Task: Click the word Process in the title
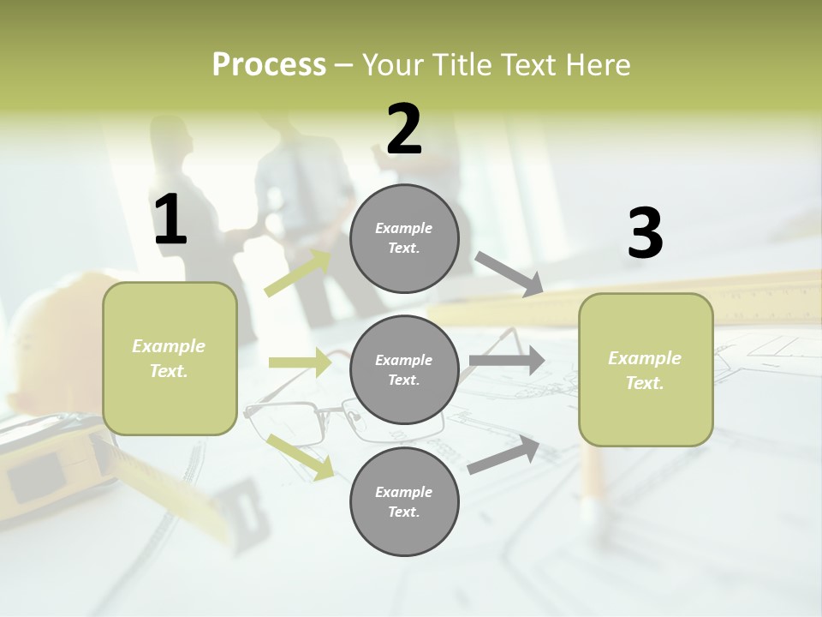[269, 65]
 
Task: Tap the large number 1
[170, 221]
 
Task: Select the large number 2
[404, 130]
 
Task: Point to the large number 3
[645, 234]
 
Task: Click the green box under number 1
[170, 358]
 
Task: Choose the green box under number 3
[646, 369]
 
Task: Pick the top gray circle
[404, 238]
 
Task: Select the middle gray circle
[404, 369]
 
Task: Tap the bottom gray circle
[404, 501]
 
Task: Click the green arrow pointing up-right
[298, 273]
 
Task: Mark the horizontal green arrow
[300, 362]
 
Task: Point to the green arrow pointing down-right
[301, 456]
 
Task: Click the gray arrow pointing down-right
[509, 274]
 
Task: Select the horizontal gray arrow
[506, 361]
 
